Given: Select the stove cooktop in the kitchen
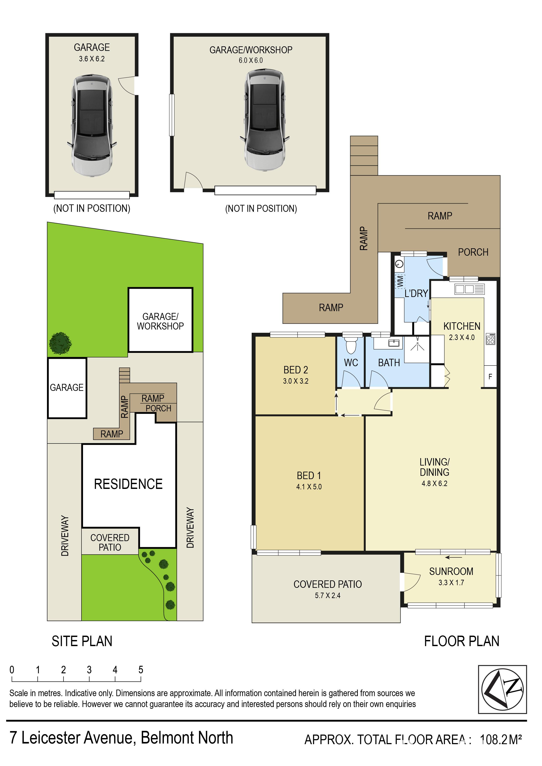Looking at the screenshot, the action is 491,339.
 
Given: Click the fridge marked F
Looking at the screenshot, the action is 490,377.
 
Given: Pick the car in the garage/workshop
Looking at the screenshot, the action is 265,120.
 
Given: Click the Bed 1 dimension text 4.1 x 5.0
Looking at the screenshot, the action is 309,487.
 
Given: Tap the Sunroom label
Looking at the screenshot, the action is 451,571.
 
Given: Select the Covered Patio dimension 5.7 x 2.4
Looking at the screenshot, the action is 328,595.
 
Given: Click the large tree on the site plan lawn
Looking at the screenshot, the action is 61,343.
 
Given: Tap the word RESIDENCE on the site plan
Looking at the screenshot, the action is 128,484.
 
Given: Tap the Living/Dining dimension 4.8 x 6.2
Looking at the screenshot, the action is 435,483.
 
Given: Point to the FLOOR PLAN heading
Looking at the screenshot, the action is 462,642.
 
